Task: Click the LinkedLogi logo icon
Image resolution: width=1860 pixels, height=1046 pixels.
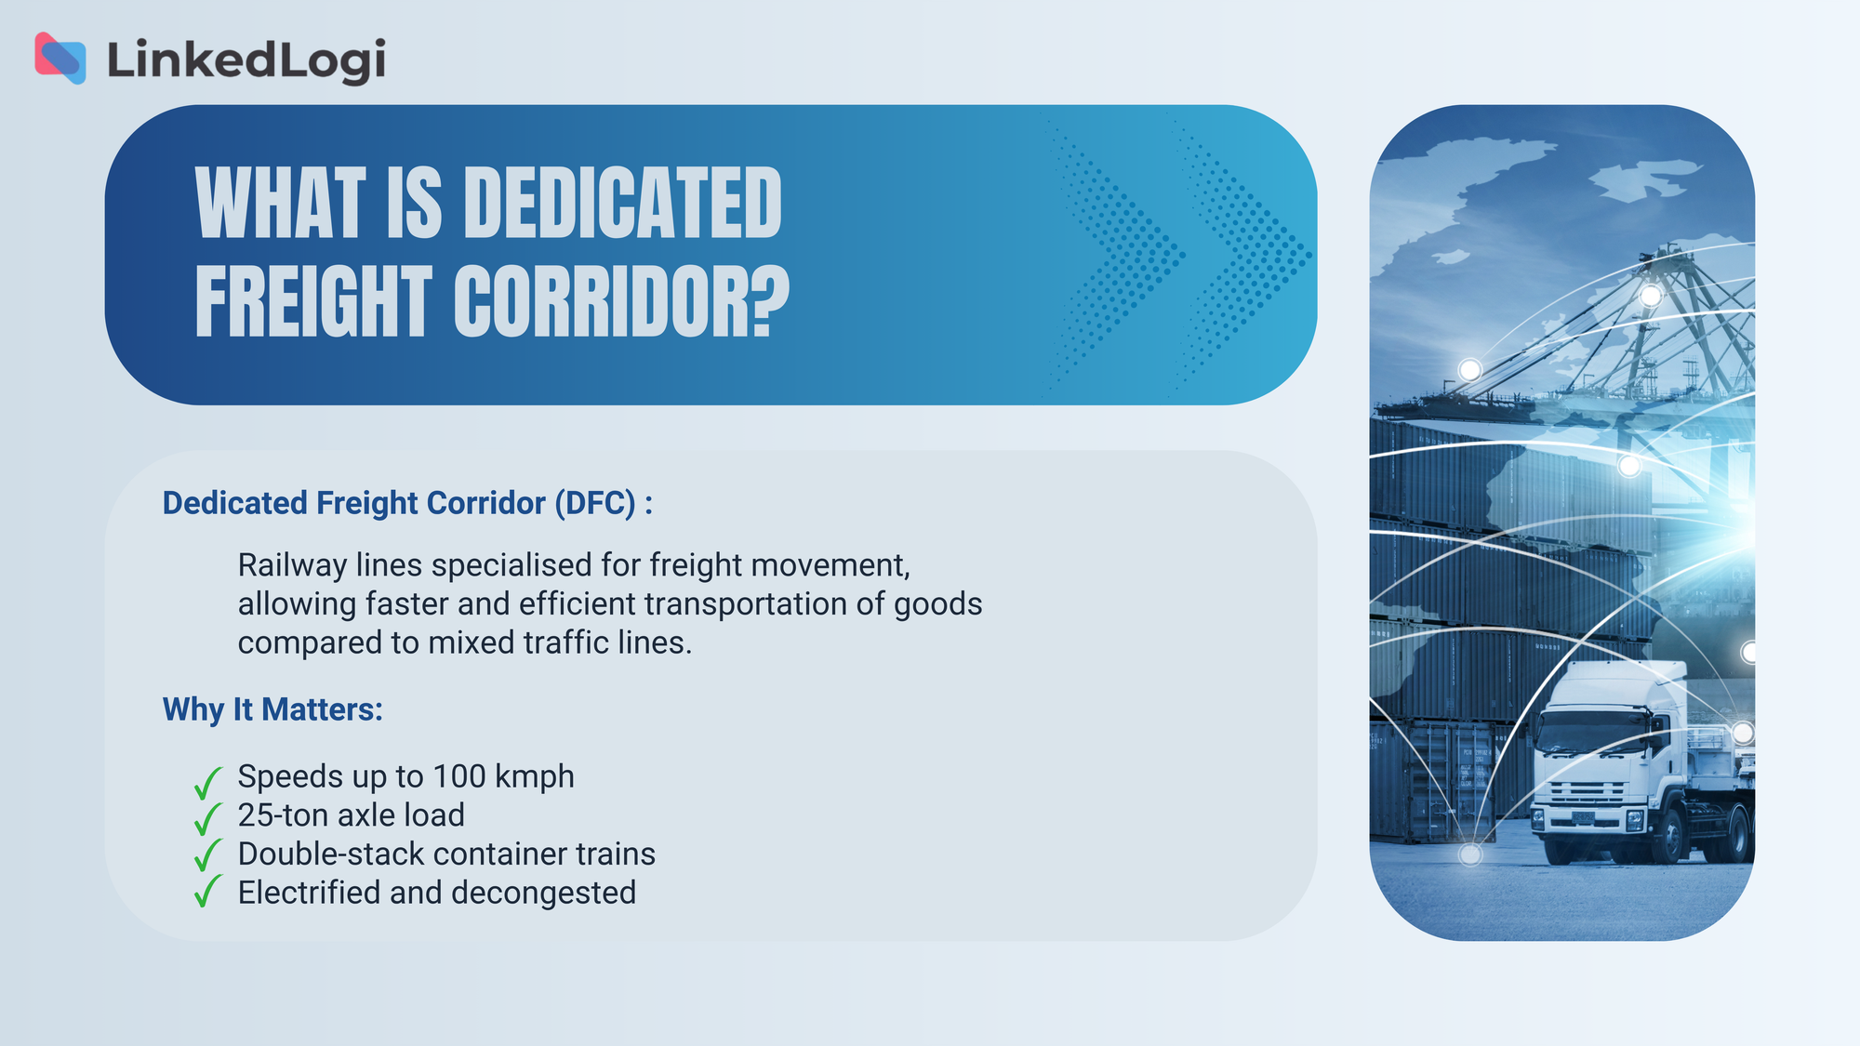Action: (x=60, y=59)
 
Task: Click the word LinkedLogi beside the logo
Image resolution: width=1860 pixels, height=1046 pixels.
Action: (x=246, y=60)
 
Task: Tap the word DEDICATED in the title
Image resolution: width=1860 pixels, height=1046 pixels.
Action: (x=622, y=203)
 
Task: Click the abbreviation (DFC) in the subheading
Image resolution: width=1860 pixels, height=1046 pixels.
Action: (x=595, y=503)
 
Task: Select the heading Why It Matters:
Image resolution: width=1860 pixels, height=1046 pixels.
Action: (x=272, y=709)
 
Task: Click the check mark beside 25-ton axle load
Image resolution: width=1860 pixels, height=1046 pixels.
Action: (x=207, y=819)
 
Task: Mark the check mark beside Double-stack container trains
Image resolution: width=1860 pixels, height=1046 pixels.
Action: (x=207, y=855)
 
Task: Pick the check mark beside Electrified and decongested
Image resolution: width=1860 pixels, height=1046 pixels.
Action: (x=207, y=891)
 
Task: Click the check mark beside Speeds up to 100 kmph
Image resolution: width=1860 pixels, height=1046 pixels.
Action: (x=207, y=783)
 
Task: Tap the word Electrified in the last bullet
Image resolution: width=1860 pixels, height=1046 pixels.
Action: (x=309, y=893)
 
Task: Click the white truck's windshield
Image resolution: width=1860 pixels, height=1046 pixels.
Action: (x=1592, y=731)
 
